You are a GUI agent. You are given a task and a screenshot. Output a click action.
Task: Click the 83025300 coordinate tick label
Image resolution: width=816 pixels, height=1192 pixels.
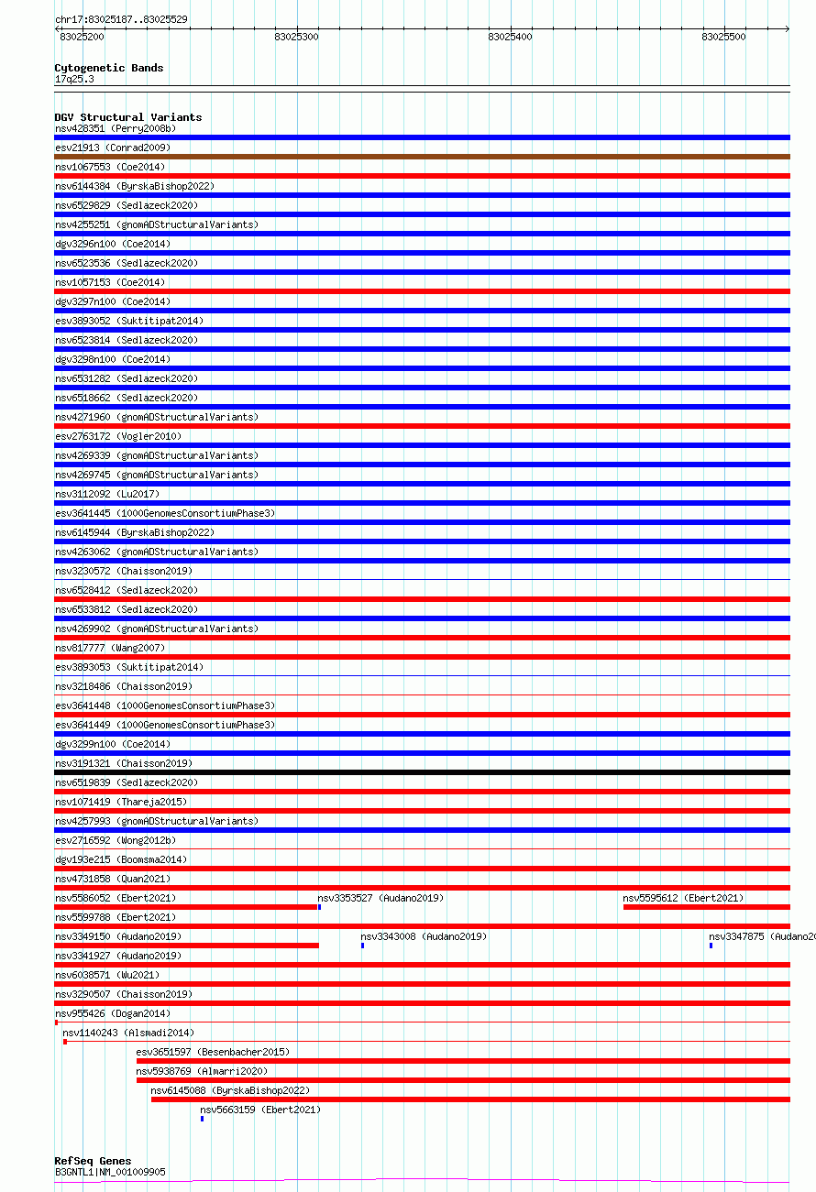click(296, 37)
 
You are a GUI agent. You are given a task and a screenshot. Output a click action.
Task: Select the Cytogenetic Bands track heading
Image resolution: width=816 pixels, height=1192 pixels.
click(108, 68)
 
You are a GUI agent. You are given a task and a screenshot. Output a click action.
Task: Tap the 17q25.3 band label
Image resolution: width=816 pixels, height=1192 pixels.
click(74, 79)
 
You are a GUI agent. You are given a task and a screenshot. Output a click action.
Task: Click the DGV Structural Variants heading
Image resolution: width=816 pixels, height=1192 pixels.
click(127, 117)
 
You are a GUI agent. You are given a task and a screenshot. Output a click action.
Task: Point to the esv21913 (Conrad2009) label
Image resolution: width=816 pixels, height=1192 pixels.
click(112, 148)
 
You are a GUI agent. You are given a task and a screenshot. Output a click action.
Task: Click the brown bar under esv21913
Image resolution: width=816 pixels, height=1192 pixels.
click(422, 157)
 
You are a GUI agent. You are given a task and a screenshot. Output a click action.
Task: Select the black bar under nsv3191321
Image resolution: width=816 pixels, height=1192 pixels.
click(422, 772)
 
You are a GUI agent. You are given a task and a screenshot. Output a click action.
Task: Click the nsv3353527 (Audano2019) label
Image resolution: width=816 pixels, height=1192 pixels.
click(380, 898)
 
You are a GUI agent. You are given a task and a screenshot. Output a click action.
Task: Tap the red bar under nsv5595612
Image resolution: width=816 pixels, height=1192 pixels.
click(706, 907)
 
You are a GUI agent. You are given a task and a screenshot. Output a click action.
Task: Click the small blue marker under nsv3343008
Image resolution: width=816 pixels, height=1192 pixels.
click(363, 945)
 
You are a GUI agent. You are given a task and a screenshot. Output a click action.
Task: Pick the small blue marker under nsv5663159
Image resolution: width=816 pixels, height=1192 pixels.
click(202, 1118)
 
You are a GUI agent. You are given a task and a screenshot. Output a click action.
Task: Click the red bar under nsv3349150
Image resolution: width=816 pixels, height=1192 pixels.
click(187, 945)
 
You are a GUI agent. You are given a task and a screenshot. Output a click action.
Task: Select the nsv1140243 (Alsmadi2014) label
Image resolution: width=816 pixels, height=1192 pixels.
click(128, 1033)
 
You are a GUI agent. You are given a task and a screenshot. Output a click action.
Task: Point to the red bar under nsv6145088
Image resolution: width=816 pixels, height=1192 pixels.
click(469, 1099)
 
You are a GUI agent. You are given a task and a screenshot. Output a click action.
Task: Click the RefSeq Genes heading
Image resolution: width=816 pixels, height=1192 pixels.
click(93, 1161)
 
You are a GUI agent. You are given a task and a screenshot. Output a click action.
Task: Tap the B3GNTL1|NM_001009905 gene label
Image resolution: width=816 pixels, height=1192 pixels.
click(110, 1172)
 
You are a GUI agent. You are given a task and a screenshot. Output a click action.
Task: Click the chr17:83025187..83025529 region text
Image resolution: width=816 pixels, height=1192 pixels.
click(121, 19)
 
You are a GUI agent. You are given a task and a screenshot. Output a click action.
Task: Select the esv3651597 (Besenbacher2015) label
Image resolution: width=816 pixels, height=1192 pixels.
click(212, 1052)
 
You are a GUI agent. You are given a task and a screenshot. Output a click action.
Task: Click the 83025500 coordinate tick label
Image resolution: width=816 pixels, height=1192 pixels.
click(723, 37)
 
